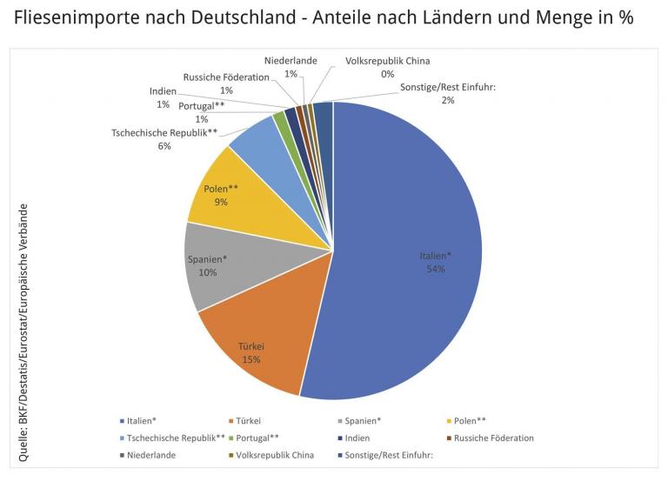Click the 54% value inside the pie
(x=435, y=269)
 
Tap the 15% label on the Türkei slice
(x=251, y=358)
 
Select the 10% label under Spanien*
(x=207, y=272)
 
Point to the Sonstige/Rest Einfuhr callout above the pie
(x=446, y=87)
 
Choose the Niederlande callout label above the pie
(x=291, y=61)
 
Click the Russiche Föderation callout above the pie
(x=226, y=77)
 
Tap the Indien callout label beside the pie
(x=163, y=91)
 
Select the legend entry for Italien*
(x=142, y=421)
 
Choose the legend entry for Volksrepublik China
(x=275, y=454)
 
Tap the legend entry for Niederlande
(x=150, y=454)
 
